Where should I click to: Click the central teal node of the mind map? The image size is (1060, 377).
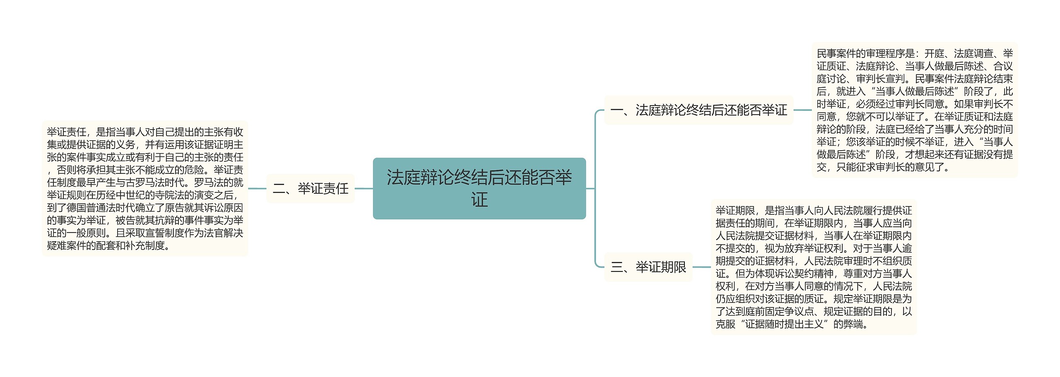point(479,188)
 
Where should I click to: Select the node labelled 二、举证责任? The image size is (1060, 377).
point(311,189)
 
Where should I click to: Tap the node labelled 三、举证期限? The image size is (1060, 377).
point(648,267)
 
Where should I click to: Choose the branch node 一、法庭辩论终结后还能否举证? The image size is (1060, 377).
point(699,110)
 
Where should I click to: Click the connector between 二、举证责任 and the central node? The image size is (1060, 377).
point(364,189)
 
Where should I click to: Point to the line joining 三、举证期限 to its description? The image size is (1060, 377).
point(702,267)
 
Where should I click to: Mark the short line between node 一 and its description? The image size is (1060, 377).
point(803,110)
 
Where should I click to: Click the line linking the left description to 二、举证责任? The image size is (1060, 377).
point(257,189)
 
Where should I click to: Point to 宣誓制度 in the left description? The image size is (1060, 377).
point(155,233)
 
